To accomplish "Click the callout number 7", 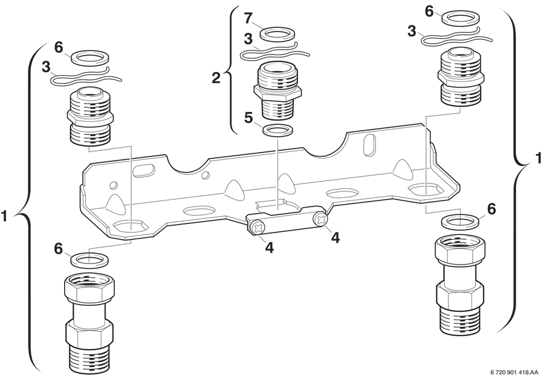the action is click(x=248, y=19).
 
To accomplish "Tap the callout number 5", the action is click(x=248, y=118).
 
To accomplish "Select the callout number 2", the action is click(x=216, y=78).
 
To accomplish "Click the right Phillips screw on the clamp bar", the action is click(x=320, y=219).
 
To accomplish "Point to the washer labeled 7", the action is click(x=277, y=34).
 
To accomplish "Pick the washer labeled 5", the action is click(x=277, y=131).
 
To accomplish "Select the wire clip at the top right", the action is click(x=456, y=36).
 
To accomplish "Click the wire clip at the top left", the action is click(x=86, y=77).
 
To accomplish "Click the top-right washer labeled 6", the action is click(x=461, y=18).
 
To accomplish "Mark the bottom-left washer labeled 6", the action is click(x=89, y=260).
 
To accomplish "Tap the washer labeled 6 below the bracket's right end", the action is click(x=460, y=222).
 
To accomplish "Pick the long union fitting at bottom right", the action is click(x=459, y=283).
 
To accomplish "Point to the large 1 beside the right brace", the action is click(x=538, y=158).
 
